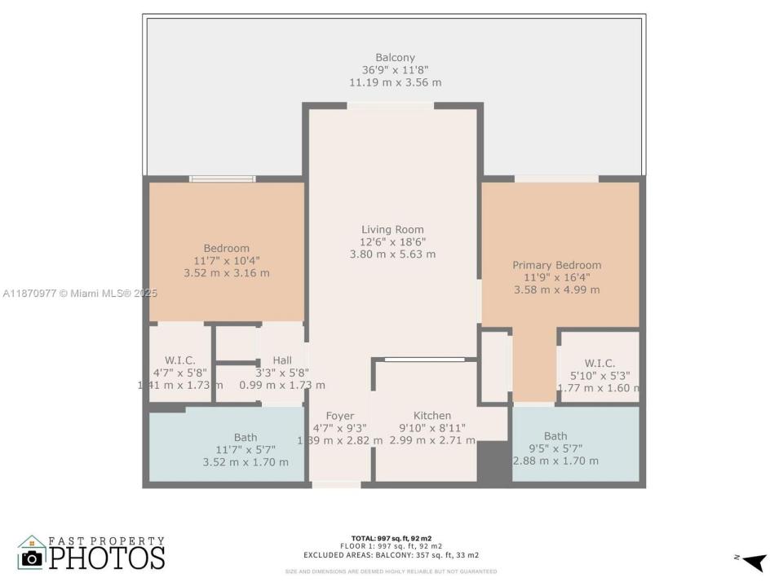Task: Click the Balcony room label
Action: click(x=395, y=58)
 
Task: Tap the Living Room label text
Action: click(x=392, y=229)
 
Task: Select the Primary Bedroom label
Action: click(x=556, y=265)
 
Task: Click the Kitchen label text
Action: click(x=431, y=416)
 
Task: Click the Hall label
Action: click(x=282, y=360)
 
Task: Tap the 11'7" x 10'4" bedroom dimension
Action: click(x=226, y=261)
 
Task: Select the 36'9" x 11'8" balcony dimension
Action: click(x=395, y=70)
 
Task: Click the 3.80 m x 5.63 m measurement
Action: click(x=392, y=254)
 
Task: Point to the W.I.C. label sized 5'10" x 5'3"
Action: click(x=599, y=364)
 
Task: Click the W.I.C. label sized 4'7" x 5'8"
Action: click(x=179, y=360)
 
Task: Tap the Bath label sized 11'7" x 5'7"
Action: click(x=245, y=438)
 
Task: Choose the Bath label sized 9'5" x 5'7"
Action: click(x=555, y=436)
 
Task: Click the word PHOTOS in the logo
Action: click(x=106, y=558)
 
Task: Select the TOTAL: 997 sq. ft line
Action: click(x=391, y=539)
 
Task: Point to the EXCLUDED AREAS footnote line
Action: click(x=391, y=554)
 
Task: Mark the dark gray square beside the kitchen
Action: click(x=492, y=462)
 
